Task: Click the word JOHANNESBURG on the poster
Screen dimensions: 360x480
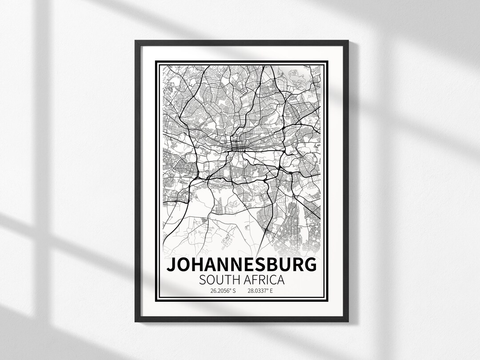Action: click(x=242, y=265)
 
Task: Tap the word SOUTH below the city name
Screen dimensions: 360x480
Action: click(x=219, y=280)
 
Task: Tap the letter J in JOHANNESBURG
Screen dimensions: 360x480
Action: click(x=171, y=265)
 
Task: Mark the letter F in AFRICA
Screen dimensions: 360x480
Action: click(x=254, y=280)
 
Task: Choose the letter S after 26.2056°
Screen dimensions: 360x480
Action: click(x=234, y=292)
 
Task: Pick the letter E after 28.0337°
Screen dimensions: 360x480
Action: click(x=271, y=292)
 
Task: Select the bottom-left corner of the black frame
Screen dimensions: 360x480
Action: click(x=136, y=321)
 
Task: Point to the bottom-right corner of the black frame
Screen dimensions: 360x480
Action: click(x=348, y=321)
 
